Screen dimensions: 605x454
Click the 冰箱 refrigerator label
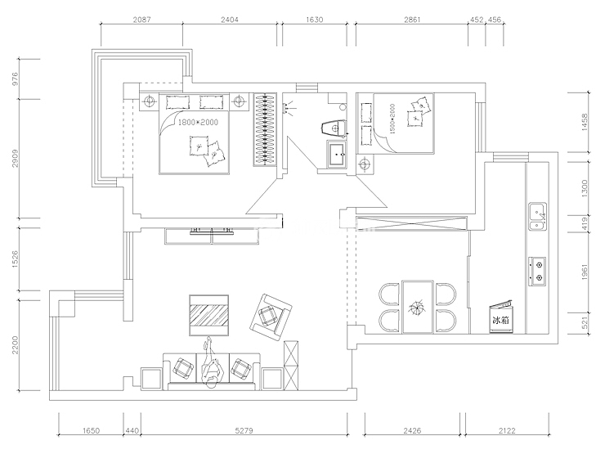(500, 321)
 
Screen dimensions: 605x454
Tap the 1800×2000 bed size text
(198, 123)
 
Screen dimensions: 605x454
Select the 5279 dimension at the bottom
(244, 430)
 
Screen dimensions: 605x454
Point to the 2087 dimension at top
(141, 20)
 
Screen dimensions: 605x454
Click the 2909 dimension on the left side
(15, 158)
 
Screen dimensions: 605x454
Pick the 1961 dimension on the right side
(585, 272)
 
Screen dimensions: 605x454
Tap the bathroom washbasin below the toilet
(337, 154)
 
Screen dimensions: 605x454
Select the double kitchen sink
(537, 216)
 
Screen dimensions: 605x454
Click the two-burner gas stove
(537, 271)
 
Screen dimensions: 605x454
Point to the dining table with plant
(418, 307)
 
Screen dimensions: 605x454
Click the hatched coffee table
(208, 316)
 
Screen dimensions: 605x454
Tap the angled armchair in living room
(271, 317)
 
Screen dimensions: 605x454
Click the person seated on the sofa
(210, 363)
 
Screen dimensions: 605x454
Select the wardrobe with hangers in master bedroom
(265, 130)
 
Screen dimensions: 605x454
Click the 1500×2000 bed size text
(392, 119)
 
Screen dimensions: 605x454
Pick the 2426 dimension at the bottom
(412, 430)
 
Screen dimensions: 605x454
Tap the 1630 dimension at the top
(315, 20)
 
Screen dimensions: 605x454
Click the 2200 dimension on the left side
(15, 344)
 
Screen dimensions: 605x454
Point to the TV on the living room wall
(212, 231)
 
